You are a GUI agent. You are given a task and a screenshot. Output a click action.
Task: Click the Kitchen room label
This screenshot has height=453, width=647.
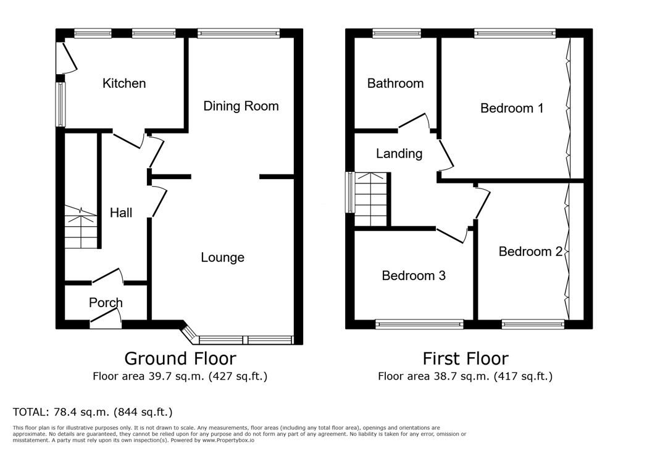(x=124, y=83)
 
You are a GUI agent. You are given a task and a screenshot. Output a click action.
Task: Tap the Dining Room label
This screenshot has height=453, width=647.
(x=241, y=106)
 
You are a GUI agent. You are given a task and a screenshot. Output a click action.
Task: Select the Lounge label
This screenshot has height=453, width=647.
(x=222, y=258)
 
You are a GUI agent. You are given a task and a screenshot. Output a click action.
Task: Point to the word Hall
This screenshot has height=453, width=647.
(x=121, y=213)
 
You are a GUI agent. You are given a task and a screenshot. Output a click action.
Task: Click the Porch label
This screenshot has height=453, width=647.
(x=106, y=303)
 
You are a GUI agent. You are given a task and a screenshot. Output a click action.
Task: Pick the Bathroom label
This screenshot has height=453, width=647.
(x=395, y=83)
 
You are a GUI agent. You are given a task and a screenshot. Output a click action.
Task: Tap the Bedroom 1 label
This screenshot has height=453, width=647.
(x=512, y=108)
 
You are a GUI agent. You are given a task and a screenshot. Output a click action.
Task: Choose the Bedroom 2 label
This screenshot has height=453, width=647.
(x=530, y=252)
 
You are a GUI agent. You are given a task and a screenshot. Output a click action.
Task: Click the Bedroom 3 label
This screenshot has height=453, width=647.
(x=414, y=276)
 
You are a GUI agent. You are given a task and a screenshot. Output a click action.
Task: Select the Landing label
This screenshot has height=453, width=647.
(x=399, y=154)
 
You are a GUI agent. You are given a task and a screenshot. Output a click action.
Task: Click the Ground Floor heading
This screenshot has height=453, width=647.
(x=180, y=358)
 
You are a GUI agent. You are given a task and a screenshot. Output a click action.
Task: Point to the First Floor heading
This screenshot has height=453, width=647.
(x=465, y=358)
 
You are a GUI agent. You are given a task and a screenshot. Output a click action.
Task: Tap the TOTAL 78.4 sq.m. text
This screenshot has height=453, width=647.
(x=93, y=412)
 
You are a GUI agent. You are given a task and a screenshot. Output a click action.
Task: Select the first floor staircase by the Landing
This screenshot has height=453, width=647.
(x=372, y=200)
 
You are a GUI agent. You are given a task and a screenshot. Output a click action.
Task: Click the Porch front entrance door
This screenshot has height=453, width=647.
(x=106, y=319)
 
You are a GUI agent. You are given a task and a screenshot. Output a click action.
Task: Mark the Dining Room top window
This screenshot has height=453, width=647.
(x=238, y=33)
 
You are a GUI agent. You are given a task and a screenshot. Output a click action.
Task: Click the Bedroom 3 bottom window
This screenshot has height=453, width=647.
(x=419, y=324)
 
